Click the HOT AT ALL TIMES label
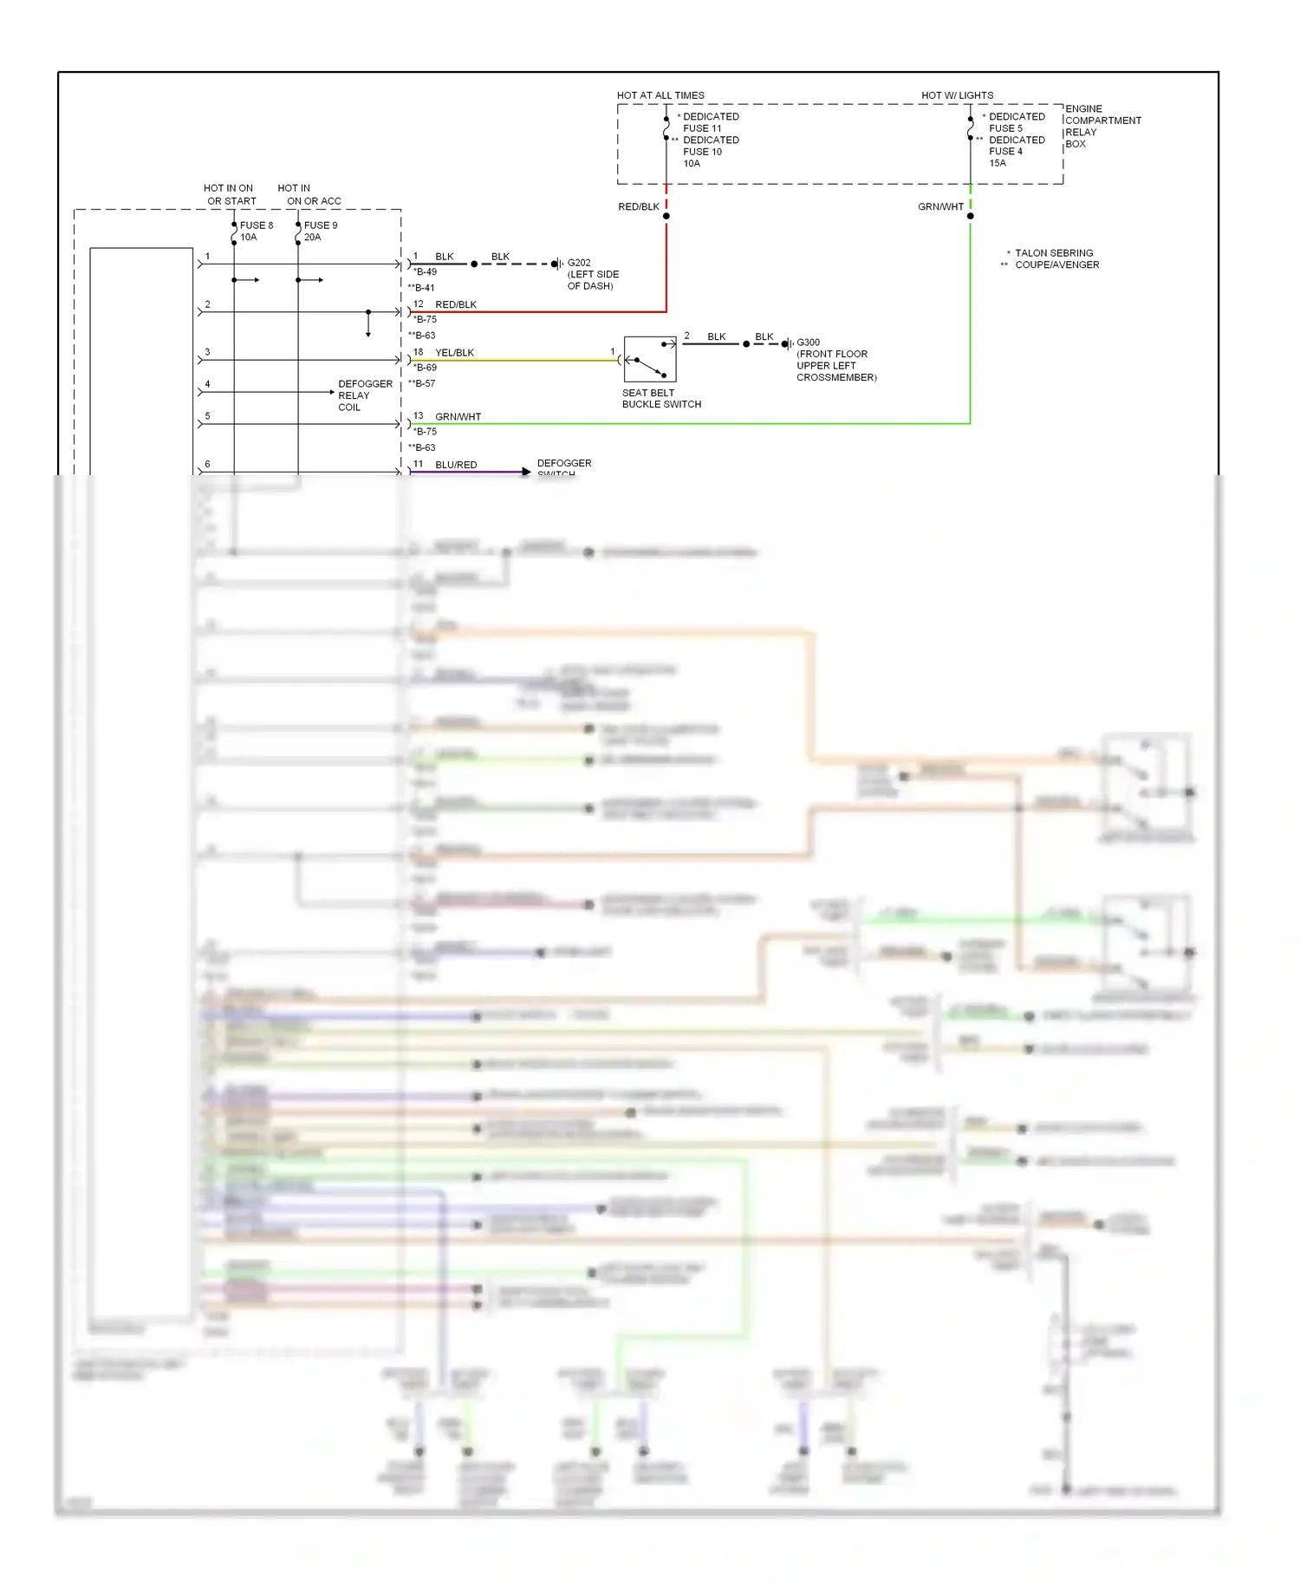(660, 95)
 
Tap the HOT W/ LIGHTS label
(957, 95)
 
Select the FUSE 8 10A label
(256, 231)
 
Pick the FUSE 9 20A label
(320, 231)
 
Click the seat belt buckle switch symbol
(650, 359)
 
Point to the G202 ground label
(579, 263)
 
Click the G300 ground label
(808, 342)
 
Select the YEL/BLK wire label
(454, 353)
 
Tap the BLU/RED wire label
(456, 465)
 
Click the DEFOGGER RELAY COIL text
(364, 395)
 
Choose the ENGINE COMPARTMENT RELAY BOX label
(1102, 127)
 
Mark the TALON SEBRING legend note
(1053, 253)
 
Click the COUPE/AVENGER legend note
(1056, 265)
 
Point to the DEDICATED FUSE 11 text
(710, 122)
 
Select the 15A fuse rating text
(998, 163)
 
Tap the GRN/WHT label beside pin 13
(458, 417)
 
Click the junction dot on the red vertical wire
(666, 216)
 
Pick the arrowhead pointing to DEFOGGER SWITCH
(526, 472)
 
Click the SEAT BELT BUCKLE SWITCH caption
(660, 399)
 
